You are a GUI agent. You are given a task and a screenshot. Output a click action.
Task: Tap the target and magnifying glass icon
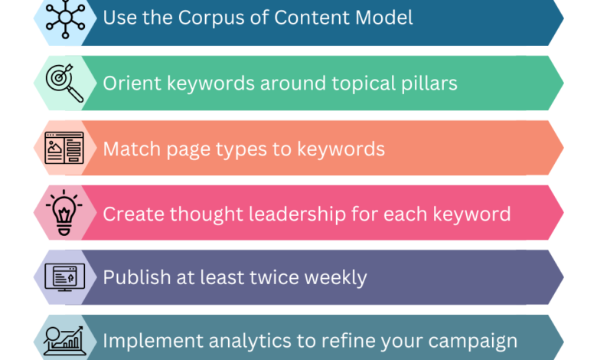[64, 83]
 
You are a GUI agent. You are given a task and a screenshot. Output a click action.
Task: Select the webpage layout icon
[64, 148]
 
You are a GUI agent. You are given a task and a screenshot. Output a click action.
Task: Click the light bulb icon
[64, 212]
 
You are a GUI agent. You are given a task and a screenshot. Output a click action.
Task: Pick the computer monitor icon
[64, 277]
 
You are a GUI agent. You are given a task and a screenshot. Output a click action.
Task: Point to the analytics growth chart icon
[64, 340]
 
